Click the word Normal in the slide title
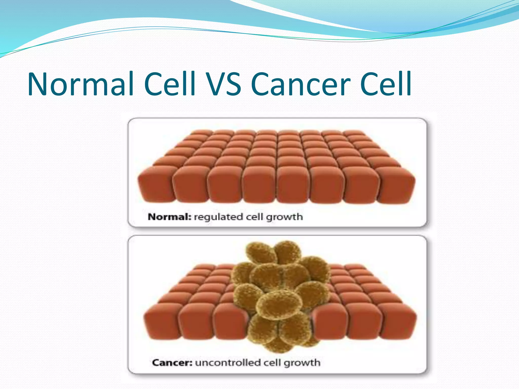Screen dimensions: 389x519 coord(81,84)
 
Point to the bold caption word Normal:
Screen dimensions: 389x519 coord(169,217)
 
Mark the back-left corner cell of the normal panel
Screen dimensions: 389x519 coord(201,132)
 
